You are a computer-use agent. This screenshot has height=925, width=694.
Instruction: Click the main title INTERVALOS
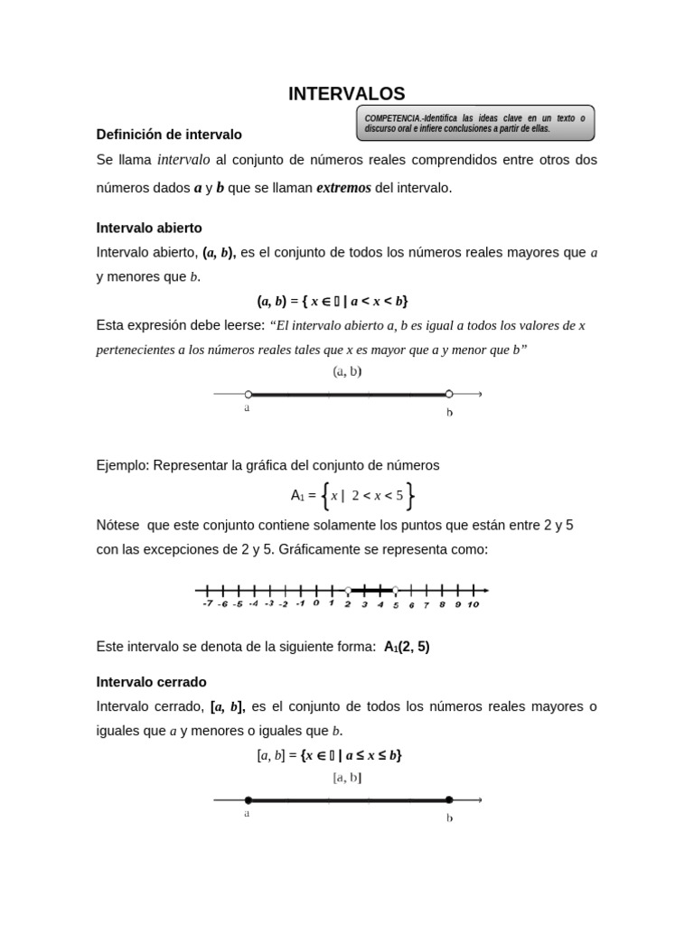(346, 93)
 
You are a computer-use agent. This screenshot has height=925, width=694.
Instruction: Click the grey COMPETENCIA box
(474, 123)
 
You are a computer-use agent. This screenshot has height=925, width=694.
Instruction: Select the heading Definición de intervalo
(169, 135)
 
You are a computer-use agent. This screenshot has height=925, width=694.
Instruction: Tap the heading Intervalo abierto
(149, 228)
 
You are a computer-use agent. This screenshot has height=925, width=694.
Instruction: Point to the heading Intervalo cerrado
(151, 681)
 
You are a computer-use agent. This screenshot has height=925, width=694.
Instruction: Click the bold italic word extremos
(343, 188)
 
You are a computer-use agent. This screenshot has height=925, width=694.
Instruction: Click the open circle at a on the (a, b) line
(249, 394)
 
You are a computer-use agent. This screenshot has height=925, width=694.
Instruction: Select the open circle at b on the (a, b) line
(449, 394)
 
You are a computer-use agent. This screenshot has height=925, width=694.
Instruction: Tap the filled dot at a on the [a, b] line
(249, 799)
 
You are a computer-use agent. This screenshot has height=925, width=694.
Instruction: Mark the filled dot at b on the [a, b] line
(449, 799)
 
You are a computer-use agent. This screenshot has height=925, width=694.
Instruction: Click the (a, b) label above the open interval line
(348, 371)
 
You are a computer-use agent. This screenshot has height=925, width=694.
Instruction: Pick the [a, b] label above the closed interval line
(348, 777)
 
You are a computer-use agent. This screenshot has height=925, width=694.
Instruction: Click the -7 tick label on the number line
(207, 603)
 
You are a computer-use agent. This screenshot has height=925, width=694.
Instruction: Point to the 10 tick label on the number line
(473, 604)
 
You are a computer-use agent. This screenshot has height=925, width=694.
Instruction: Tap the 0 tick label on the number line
(316, 603)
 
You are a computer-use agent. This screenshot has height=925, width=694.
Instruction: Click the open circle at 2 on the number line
(348, 590)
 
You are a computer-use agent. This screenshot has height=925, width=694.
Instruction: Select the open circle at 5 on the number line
(395, 590)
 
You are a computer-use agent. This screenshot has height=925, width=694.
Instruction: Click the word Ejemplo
(122, 465)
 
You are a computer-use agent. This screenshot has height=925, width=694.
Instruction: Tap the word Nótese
(118, 525)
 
